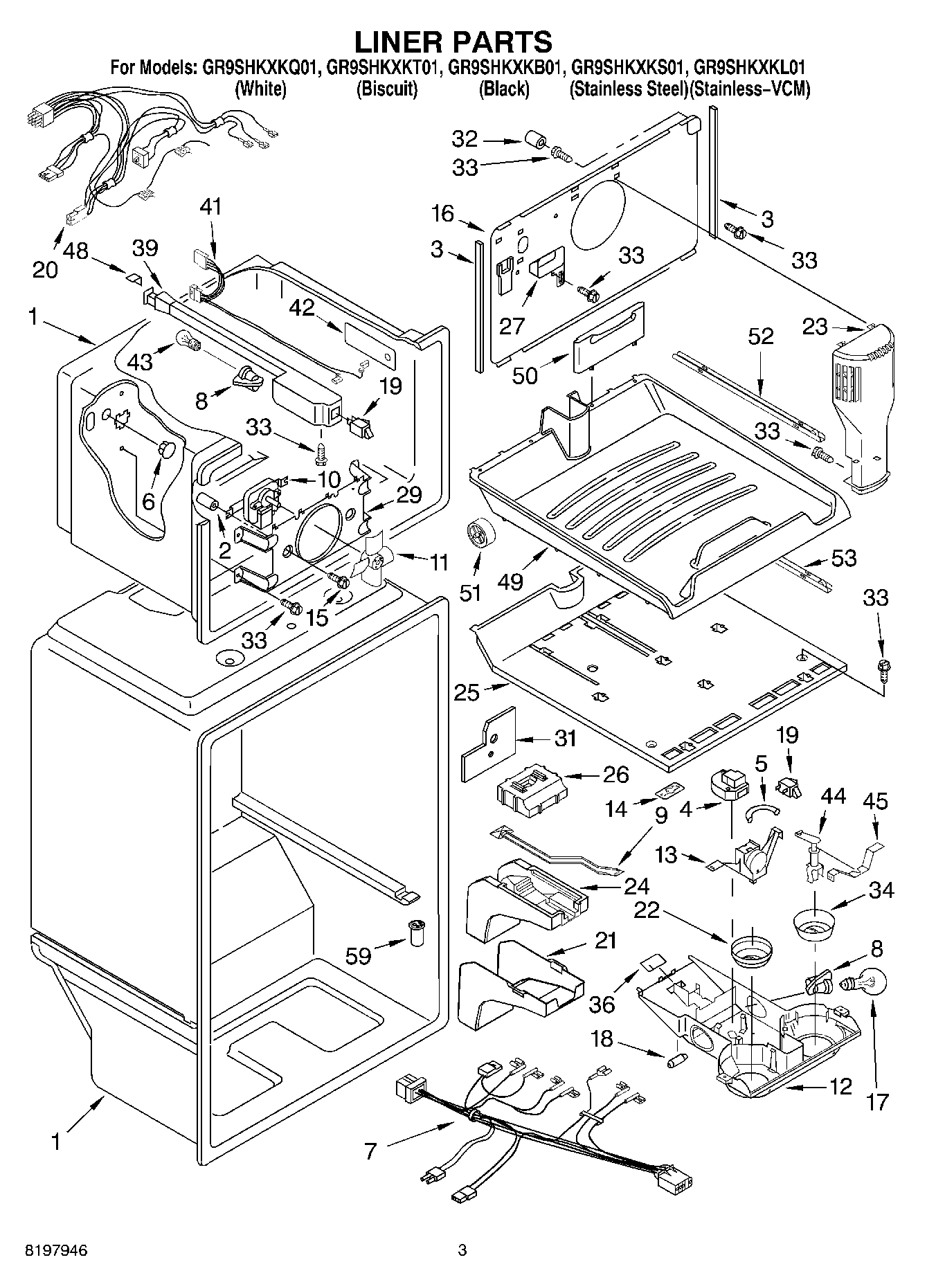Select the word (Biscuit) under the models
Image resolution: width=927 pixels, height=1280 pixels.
pos(386,89)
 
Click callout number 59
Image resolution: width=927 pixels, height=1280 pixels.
pos(359,955)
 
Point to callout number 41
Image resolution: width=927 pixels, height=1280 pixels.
pos(211,206)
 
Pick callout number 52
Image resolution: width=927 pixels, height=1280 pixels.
pos(760,337)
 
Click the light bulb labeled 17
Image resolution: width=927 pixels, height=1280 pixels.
pos(865,984)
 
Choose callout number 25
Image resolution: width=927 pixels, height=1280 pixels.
pos(467,692)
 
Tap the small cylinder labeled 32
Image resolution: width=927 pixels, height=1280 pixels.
pos(534,141)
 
